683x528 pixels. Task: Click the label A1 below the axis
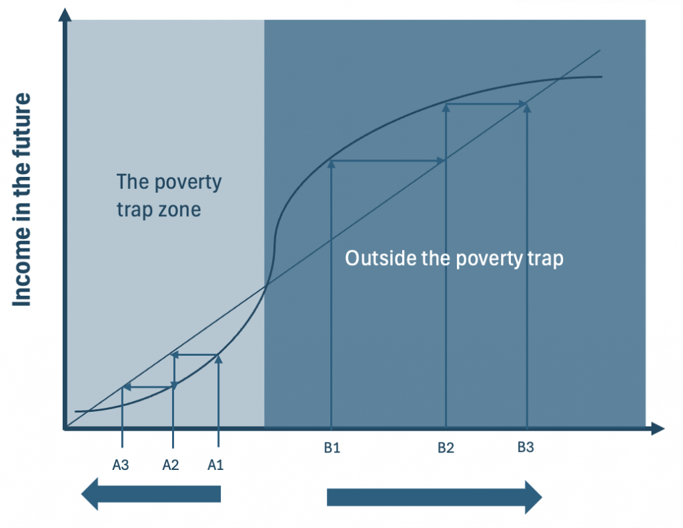pyautogui.click(x=215, y=465)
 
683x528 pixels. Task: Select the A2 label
pyautogui.click(x=170, y=465)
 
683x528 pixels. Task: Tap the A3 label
pyautogui.click(x=121, y=465)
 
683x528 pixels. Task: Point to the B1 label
pyautogui.click(x=332, y=448)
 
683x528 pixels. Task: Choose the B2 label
pyautogui.click(x=446, y=448)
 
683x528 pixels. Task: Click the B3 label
pyautogui.click(x=526, y=447)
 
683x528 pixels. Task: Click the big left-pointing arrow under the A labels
pyautogui.click(x=151, y=493)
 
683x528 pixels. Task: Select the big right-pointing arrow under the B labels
pyautogui.click(x=434, y=497)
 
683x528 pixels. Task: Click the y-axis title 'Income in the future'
pyautogui.click(x=22, y=200)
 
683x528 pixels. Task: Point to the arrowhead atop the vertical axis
pyautogui.click(x=65, y=15)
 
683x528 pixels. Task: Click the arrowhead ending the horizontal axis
pyautogui.click(x=658, y=429)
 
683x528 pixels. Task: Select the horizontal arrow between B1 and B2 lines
pyautogui.click(x=388, y=161)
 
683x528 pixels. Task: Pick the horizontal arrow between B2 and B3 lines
pyautogui.click(x=486, y=103)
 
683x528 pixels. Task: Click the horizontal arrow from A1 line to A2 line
pyautogui.click(x=194, y=355)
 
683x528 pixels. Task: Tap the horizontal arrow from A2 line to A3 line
pyautogui.click(x=148, y=386)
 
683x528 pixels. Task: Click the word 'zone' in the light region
pyautogui.click(x=179, y=210)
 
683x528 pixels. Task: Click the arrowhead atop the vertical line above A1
pyautogui.click(x=218, y=359)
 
